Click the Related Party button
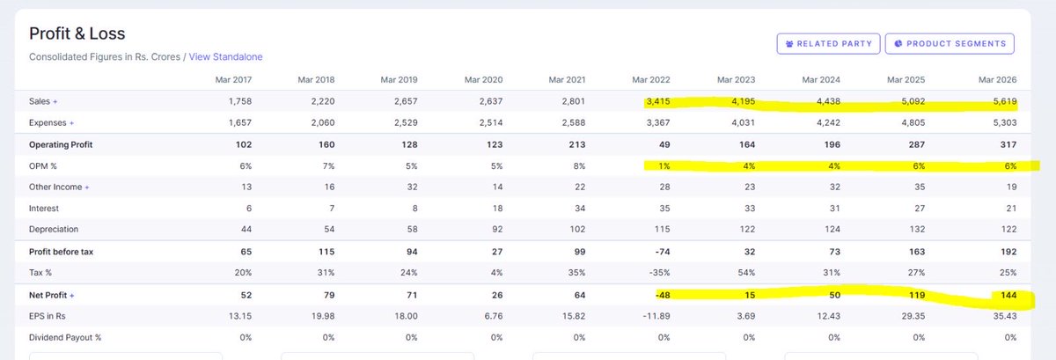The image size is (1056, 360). coord(828,44)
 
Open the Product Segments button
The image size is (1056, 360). coord(950,44)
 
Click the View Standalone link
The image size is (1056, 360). coord(226,56)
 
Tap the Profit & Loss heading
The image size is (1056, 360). coord(77,33)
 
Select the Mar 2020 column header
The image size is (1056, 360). coord(484,80)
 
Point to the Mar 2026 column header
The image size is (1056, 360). coord(998,80)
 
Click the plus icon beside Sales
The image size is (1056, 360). coord(55,101)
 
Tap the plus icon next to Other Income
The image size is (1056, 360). coord(87,187)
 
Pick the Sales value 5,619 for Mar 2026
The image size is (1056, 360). coord(1005,101)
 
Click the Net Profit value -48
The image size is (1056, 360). coord(663,296)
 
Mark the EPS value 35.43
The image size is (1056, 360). coord(1005,316)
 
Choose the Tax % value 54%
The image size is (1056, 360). coord(747,273)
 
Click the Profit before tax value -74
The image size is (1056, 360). coord(663,252)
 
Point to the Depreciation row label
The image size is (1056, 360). coord(54,230)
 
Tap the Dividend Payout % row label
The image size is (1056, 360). coord(65,338)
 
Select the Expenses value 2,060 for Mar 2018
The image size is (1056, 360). coord(323,122)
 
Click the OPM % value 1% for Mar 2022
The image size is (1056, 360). coord(664,166)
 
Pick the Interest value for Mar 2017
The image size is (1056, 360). coord(249,209)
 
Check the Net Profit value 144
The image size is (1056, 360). coord(1008,296)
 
